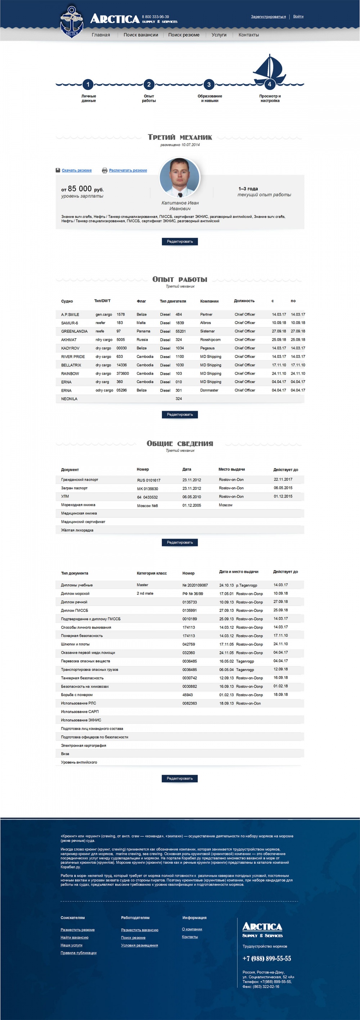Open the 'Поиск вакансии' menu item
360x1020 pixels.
[x=141, y=35]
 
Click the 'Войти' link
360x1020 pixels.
[x=298, y=17]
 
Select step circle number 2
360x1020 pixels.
[x=149, y=84]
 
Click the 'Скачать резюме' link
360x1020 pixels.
[x=76, y=170]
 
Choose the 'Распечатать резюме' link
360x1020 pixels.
[x=128, y=170]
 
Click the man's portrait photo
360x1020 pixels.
[x=180, y=177]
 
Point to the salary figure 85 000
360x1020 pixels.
[x=80, y=189]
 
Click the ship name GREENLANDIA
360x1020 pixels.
[x=74, y=331]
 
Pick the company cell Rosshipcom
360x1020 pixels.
[x=210, y=340]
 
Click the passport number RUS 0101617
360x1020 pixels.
[x=149, y=480]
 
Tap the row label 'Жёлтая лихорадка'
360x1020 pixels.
[x=77, y=530]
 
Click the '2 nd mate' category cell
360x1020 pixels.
[x=145, y=594]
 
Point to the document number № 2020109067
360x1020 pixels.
[x=195, y=585]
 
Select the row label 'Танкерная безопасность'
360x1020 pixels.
[x=82, y=678]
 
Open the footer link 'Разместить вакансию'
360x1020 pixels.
[x=139, y=930]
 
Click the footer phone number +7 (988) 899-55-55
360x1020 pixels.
[x=266, y=958]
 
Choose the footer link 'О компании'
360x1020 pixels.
[x=192, y=929]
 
